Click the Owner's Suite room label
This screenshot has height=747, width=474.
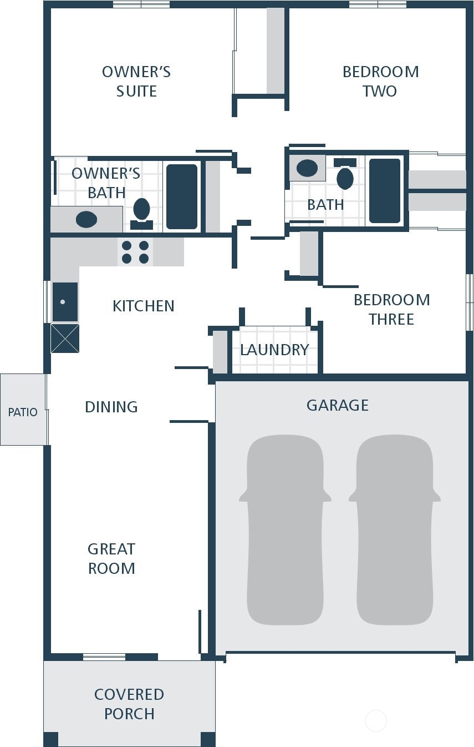pos(136,82)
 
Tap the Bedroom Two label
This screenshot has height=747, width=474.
pos(381,82)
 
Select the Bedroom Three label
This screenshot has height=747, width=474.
pos(392,310)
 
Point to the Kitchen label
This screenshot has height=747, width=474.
pos(144,306)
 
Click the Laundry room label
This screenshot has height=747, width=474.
pos(274,350)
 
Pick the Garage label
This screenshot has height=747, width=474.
pos(338,405)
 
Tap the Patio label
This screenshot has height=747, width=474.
pos(23,412)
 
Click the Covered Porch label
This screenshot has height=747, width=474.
pos(129,704)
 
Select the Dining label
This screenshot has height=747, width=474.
pos(111,407)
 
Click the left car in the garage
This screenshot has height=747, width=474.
pos(285,530)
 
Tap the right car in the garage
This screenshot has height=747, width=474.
pos(395,530)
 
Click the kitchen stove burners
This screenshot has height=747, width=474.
pos(135,252)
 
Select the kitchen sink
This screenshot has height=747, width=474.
pos(65,301)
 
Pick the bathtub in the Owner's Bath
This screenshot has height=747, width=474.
pos(182,196)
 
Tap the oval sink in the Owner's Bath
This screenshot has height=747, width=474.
pos(86,219)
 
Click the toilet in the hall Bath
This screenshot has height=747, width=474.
pos(345,174)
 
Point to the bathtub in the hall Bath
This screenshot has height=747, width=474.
pos(385,191)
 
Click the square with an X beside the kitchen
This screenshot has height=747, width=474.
pos(65,338)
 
